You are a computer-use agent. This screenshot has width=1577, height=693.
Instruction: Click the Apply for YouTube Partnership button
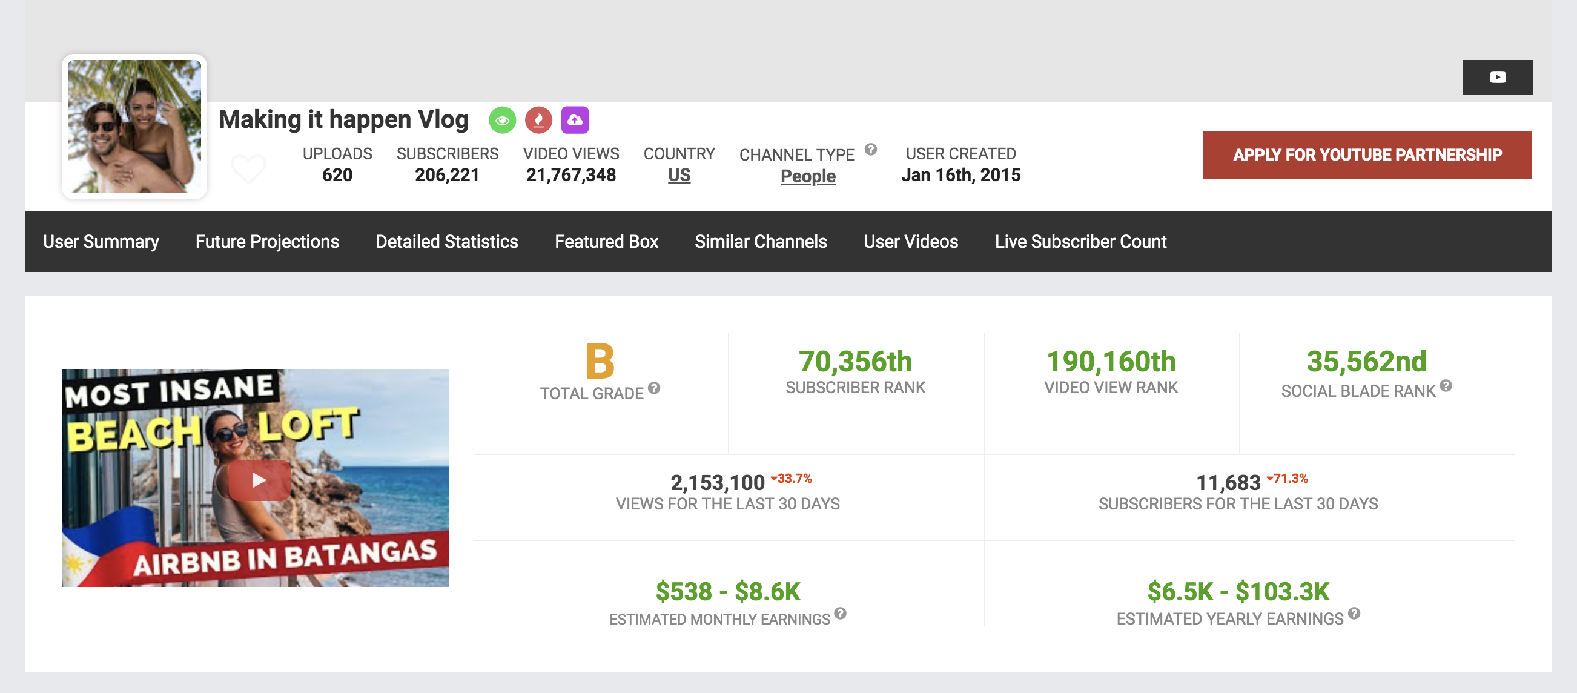pyautogui.click(x=1366, y=155)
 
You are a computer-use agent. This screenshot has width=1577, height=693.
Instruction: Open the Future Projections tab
pyautogui.click(x=267, y=241)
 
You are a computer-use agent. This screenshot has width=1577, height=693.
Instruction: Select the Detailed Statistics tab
pyautogui.click(x=446, y=241)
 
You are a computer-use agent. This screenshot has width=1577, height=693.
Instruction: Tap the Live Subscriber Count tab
pyautogui.click(x=1080, y=241)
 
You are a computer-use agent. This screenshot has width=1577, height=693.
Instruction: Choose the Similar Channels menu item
pyautogui.click(x=761, y=241)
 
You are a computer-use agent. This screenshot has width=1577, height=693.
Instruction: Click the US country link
pyautogui.click(x=678, y=175)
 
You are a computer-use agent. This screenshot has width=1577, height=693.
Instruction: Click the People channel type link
pyautogui.click(x=807, y=176)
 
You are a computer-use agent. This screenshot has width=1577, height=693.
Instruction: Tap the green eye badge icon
pyautogui.click(x=502, y=120)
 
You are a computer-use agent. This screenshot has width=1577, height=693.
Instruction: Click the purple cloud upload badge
pyautogui.click(x=574, y=120)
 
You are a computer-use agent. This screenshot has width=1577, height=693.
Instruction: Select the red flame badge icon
pyautogui.click(x=538, y=120)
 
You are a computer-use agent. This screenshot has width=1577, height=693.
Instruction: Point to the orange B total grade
pyautogui.click(x=600, y=361)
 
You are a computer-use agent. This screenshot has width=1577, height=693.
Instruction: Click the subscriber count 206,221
pyautogui.click(x=447, y=175)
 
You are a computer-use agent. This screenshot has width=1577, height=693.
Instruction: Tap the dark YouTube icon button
pyautogui.click(x=1498, y=77)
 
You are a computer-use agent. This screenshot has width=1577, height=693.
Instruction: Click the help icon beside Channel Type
pyautogui.click(x=870, y=150)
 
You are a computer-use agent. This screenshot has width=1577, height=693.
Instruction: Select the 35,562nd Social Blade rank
pyautogui.click(x=1366, y=361)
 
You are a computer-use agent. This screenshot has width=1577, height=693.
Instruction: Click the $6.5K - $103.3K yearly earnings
pyautogui.click(x=1238, y=591)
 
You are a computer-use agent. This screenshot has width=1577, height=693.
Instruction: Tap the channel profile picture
pyautogui.click(x=134, y=126)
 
